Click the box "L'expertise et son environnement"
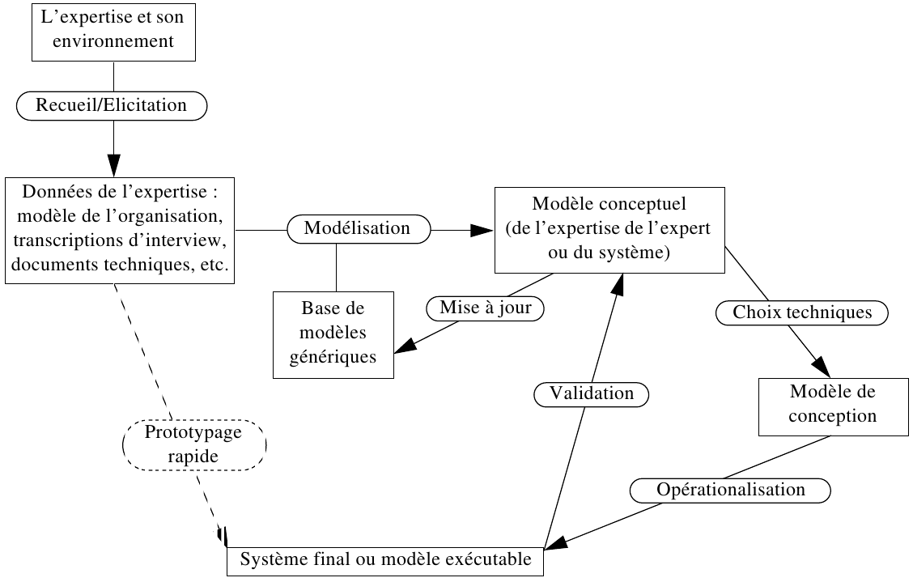113,32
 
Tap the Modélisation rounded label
357,229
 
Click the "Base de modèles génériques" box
333,333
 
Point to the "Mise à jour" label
486,308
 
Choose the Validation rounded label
592,394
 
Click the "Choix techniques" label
801,312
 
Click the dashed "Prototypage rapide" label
193,444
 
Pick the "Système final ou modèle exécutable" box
384,559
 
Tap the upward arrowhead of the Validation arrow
620,285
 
